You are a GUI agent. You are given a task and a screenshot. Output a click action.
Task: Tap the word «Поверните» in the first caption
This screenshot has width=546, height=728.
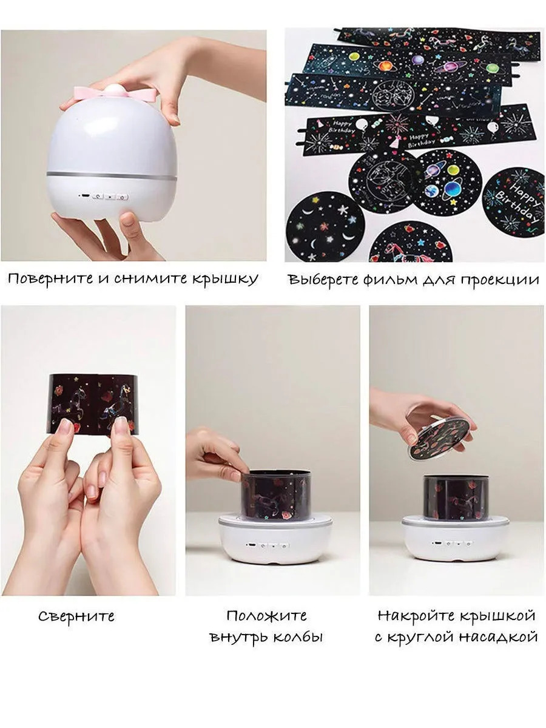coord(52,279)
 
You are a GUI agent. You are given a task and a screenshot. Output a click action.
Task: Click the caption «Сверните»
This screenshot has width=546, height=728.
coord(76,616)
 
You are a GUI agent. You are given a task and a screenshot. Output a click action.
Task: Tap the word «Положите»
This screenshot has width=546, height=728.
coord(266,615)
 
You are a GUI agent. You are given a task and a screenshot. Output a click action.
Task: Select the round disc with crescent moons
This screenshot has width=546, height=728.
coord(326,227)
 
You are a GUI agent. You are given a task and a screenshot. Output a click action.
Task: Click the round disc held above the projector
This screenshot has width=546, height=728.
coord(440,438)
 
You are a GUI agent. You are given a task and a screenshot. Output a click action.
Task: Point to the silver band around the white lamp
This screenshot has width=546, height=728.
coord(112,175)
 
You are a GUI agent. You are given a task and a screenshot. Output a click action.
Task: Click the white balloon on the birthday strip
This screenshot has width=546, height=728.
coord(362,124)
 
